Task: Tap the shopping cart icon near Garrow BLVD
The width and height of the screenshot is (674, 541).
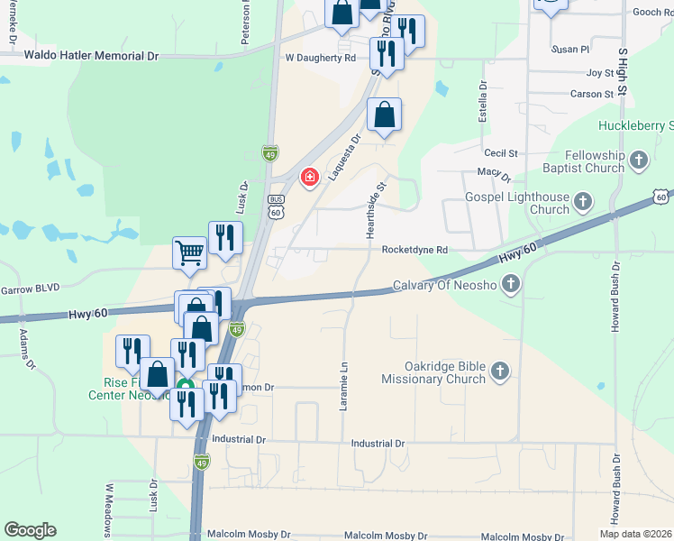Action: click(189, 252)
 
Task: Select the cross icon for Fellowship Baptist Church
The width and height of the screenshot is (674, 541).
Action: click(639, 161)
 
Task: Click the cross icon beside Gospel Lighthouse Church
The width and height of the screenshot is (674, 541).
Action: click(583, 202)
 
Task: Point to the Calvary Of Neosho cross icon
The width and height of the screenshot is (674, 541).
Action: click(511, 286)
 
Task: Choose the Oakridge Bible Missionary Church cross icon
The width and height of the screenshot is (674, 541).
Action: click(500, 371)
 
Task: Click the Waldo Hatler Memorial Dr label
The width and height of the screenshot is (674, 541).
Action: click(91, 56)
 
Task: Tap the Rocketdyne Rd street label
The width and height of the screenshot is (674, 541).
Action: click(414, 250)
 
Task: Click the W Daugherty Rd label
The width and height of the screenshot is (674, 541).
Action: click(320, 58)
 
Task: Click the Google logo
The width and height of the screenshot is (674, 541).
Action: click(30, 530)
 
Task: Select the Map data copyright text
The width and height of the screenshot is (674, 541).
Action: click(624, 533)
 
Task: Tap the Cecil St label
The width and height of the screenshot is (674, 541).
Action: click(501, 154)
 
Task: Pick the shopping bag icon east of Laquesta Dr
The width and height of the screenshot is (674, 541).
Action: click(384, 116)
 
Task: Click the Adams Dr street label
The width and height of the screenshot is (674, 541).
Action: click(26, 350)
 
